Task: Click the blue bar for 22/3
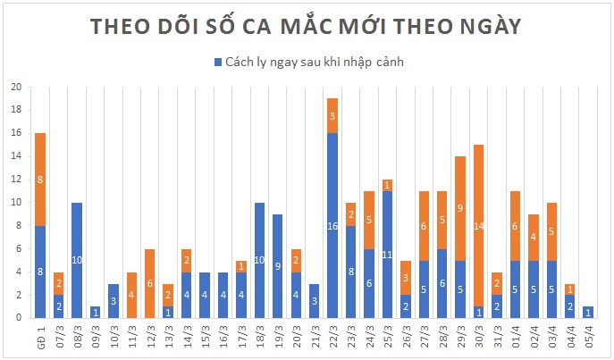point(332,225)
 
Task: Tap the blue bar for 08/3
point(76,260)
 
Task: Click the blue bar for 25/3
point(387,254)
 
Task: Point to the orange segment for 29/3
point(460,208)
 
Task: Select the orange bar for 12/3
point(149,283)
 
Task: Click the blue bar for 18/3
point(259,260)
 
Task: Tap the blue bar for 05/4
point(588,312)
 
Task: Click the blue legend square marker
point(217,62)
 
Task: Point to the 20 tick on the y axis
point(15,88)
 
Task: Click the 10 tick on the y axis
point(15,203)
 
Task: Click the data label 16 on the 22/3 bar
point(332,226)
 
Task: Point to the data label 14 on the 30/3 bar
point(478,226)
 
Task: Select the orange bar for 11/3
point(131,295)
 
